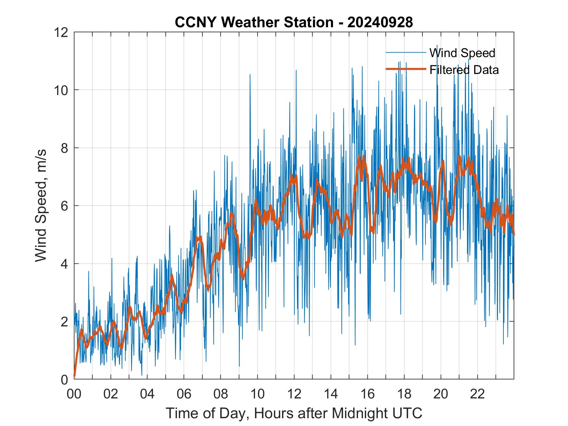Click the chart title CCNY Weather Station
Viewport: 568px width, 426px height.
254,22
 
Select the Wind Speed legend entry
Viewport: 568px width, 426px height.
462,53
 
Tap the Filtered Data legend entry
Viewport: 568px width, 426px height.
464,70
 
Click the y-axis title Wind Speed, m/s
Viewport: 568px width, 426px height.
41,205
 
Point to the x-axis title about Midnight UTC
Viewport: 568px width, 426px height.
294,413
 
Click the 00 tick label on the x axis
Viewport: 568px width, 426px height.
74,394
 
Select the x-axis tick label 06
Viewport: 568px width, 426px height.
184,394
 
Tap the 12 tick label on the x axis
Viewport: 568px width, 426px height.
294,394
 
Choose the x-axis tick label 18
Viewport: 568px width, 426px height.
404,394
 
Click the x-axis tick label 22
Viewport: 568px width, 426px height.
477,394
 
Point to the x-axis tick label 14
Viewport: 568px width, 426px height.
331,394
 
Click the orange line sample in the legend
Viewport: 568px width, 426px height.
405,69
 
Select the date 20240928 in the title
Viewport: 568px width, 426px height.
380,22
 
